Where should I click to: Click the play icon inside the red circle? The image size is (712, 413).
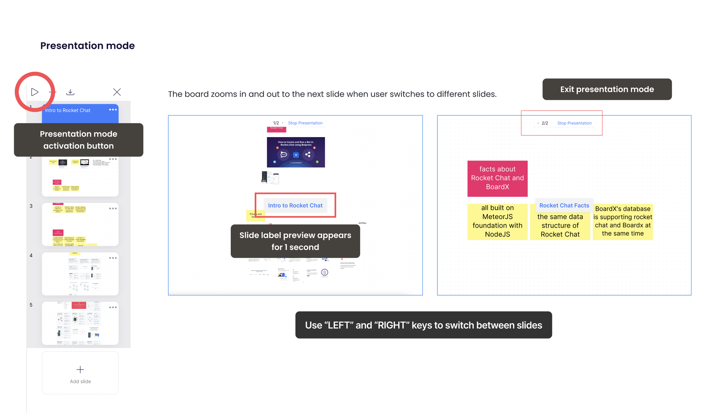pos(35,92)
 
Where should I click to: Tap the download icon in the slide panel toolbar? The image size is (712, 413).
pos(70,92)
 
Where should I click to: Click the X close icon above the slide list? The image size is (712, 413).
pos(117,92)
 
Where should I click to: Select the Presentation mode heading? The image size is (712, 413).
pos(87,46)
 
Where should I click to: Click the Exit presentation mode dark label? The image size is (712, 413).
pos(607,89)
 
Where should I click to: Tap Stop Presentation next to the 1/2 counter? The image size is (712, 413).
pos(305,123)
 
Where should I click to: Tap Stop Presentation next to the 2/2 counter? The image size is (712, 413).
pos(574,123)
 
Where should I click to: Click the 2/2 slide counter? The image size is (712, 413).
pos(545,123)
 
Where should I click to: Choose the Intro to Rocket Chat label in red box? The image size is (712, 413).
pos(295,205)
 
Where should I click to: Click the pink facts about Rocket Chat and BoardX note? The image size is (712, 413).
pos(497,178)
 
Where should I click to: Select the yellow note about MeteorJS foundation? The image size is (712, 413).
pos(497,221)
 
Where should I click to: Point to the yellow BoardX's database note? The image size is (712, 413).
pos(623,221)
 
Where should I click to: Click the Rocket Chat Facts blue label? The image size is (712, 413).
pos(564,205)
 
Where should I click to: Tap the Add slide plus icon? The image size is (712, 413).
pos(80,369)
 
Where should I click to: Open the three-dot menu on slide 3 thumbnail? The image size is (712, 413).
pos(113,208)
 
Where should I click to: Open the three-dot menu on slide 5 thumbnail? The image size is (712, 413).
pos(113,307)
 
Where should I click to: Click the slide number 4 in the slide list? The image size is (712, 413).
pos(31,255)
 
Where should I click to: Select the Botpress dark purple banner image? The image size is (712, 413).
pos(296,152)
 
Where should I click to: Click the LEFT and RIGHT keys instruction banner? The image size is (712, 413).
pos(423,325)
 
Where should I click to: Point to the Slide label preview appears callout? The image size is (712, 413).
pos(295,241)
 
